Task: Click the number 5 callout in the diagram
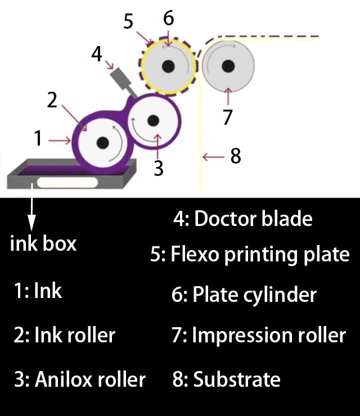(128, 22)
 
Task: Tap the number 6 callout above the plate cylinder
(168, 18)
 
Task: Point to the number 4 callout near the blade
(97, 54)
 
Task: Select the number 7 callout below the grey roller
(227, 117)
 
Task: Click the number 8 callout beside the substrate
(235, 156)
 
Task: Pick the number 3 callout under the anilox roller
(159, 168)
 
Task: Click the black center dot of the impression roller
(227, 66)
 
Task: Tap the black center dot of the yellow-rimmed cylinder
(167, 67)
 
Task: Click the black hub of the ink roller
(102, 143)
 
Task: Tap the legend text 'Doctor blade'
(253, 219)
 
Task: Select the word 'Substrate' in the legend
(236, 379)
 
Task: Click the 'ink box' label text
(43, 244)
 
